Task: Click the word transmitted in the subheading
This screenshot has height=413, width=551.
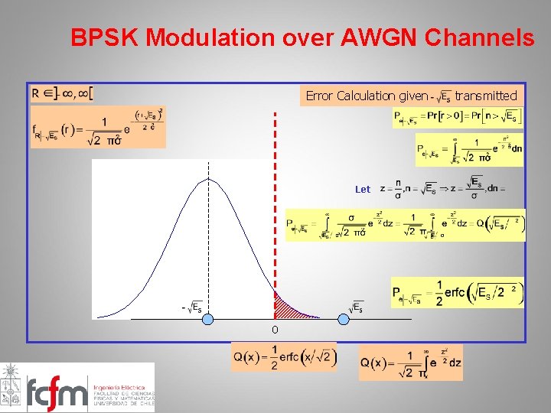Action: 486,96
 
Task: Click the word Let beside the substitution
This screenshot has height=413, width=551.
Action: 363,189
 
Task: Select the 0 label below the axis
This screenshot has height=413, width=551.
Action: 275,330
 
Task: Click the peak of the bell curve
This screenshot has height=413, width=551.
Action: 208,179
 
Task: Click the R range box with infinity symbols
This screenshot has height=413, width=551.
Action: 62,93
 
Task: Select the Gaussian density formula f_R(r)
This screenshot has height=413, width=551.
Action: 98,127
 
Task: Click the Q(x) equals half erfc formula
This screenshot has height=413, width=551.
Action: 284,356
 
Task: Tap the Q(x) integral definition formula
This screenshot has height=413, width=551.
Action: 410,362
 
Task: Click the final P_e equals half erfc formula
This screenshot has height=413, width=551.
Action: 458,292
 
